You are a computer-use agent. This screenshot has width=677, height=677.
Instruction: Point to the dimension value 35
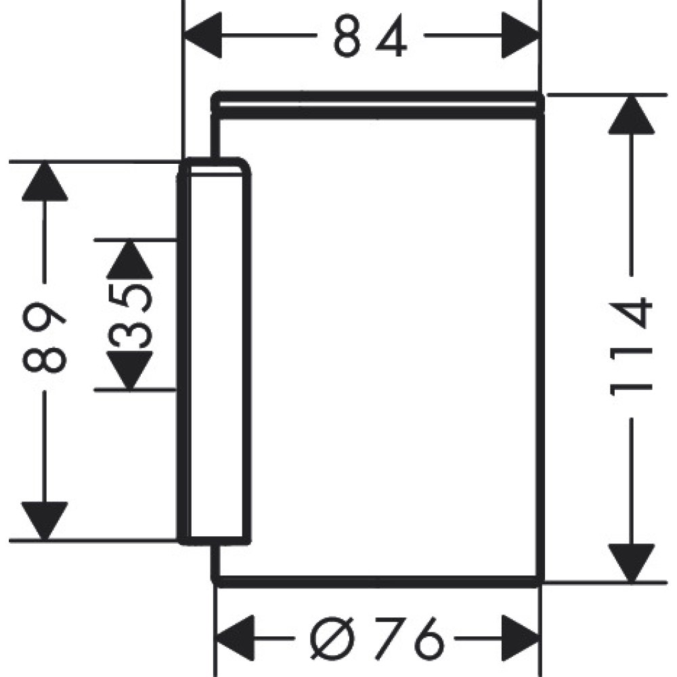tap(129, 315)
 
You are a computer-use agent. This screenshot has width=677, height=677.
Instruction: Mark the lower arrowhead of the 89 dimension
tap(45, 522)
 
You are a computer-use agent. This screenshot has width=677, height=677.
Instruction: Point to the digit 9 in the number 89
tap(45, 318)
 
